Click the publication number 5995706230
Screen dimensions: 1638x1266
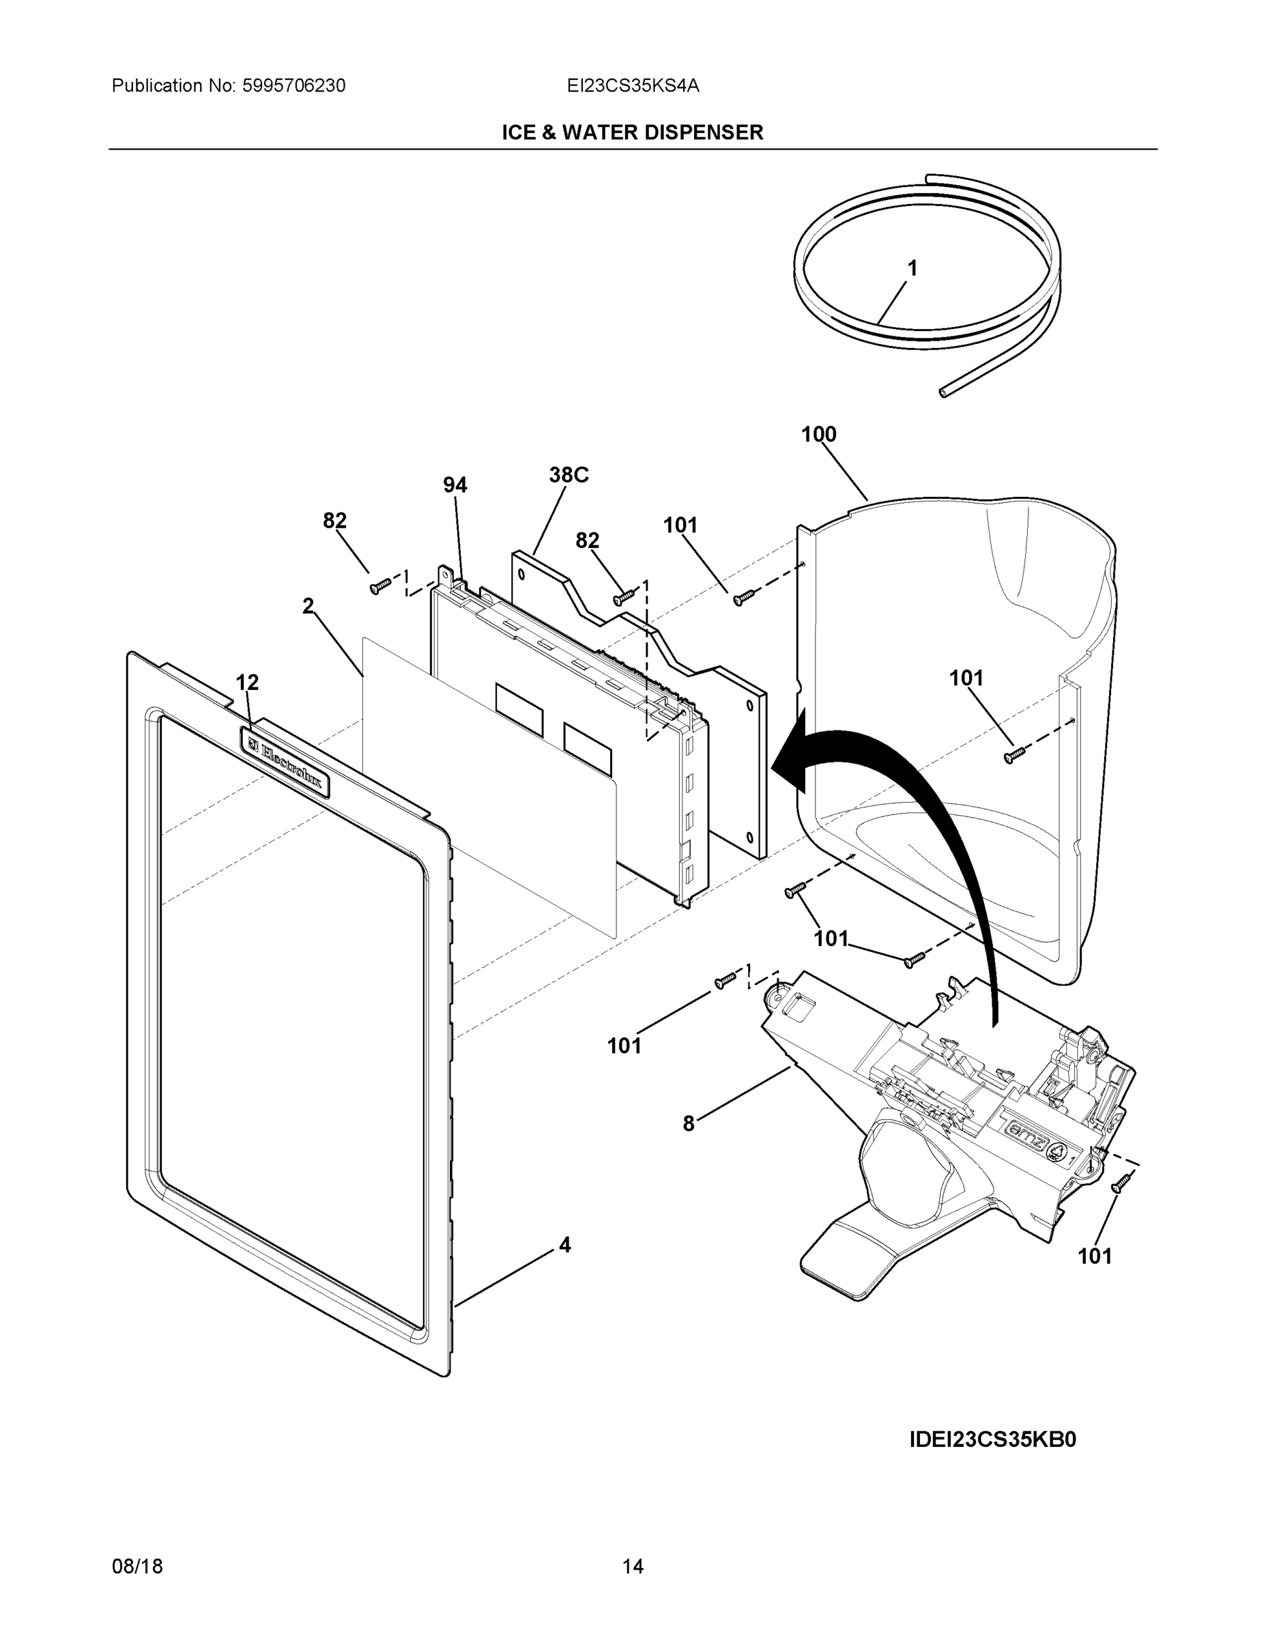tap(293, 86)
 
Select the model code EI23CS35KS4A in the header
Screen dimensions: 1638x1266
tap(633, 86)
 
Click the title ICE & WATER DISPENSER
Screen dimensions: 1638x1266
tap(632, 133)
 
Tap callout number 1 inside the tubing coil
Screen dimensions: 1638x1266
tap(912, 268)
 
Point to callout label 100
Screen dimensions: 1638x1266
tap(818, 434)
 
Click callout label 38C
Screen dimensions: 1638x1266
tap(569, 475)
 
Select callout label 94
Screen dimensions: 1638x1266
tap(455, 486)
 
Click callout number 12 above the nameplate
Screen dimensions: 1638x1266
tap(247, 682)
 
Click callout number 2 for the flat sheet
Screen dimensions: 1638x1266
tap(308, 606)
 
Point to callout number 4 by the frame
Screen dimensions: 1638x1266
tap(564, 1245)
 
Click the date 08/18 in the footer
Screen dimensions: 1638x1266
tap(137, 1567)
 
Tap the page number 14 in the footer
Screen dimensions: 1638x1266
tap(632, 1567)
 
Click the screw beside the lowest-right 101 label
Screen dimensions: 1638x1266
tap(1121, 1183)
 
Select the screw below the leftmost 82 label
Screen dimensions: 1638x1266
tap(379, 586)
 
